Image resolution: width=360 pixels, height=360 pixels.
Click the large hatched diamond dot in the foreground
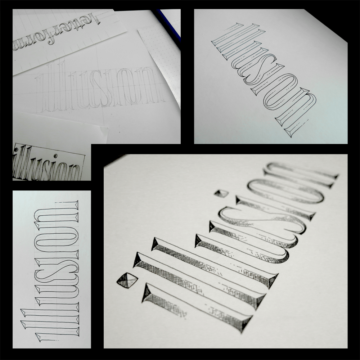point(127,280)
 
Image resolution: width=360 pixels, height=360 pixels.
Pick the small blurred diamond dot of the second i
point(221,193)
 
